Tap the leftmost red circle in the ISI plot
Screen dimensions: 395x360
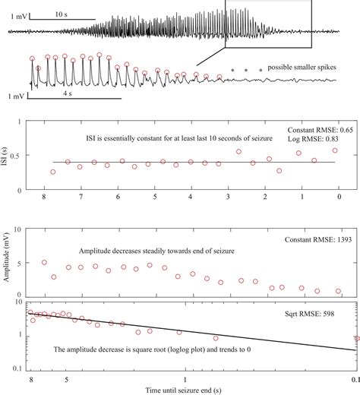(x=52, y=172)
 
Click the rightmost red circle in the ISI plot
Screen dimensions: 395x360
(x=334, y=150)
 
